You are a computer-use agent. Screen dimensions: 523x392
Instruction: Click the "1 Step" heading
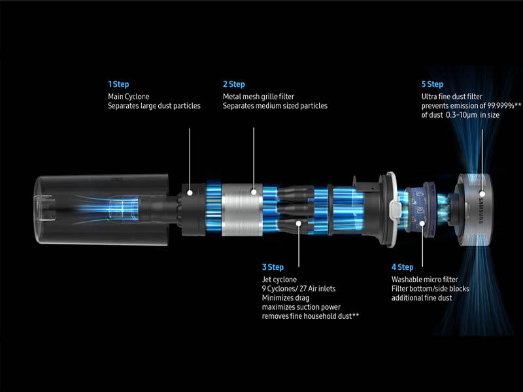[x=118, y=84]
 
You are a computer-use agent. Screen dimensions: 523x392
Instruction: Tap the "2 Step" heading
[x=234, y=84]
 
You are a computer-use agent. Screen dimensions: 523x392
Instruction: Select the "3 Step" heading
[x=273, y=267]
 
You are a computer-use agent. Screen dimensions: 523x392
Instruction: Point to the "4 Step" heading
[x=402, y=267]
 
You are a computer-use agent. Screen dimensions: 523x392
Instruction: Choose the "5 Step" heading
[x=432, y=84]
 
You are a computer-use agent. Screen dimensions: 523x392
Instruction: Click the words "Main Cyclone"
[x=128, y=97]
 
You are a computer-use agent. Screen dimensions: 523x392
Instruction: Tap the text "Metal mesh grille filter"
[x=258, y=97]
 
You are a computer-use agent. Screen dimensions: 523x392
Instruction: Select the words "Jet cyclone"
[x=279, y=280]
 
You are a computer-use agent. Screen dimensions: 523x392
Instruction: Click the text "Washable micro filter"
[x=424, y=280]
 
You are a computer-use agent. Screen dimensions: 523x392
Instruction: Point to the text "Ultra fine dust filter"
[x=452, y=97]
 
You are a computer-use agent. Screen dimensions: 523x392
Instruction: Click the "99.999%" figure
[x=501, y=106]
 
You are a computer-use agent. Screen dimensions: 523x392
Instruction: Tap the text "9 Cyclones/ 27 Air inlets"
[x=299, y=289]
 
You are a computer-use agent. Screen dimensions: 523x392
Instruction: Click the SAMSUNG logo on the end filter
[x=481, y=210]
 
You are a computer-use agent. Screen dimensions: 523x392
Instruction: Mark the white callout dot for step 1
[x=190, y=193]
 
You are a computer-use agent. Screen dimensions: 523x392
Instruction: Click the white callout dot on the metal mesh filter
[x=254, y=192]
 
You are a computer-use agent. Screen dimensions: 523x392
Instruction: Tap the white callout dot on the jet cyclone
[x=299, y=223]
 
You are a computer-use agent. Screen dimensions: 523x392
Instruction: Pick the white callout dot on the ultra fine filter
[x=482, y=193]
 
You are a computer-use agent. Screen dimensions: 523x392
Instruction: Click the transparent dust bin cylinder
[x=102, y=210]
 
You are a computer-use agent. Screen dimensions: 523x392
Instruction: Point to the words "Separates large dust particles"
[x=154, y=106]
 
